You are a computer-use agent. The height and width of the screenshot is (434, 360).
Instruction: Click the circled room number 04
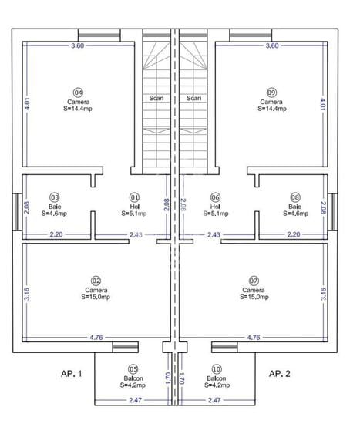coord(78,91)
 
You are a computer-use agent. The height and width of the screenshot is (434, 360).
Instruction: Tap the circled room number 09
coord(271,91)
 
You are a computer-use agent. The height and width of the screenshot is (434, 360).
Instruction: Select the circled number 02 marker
coord(96,280)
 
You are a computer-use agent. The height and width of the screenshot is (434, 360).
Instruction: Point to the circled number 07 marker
coord(254,280)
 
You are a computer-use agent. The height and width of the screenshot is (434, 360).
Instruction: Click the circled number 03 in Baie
coord(55,197)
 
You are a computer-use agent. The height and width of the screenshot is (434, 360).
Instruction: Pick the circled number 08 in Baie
coord(295,197)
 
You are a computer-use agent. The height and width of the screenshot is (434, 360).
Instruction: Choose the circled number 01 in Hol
coord(134,197)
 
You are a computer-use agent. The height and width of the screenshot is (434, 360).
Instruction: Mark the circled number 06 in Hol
coord(215,197)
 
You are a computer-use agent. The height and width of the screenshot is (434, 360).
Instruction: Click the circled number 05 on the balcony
coord(133,369)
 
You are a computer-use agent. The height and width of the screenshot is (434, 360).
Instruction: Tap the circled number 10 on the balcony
coord(216,369)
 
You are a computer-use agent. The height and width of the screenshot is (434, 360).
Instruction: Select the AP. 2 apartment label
coord(278,373)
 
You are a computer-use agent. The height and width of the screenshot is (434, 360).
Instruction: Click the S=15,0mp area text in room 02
coord(96,297)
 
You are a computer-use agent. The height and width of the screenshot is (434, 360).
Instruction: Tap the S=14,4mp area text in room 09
coord(271,109)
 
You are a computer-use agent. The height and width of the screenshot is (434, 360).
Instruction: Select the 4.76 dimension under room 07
coord(253,337)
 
